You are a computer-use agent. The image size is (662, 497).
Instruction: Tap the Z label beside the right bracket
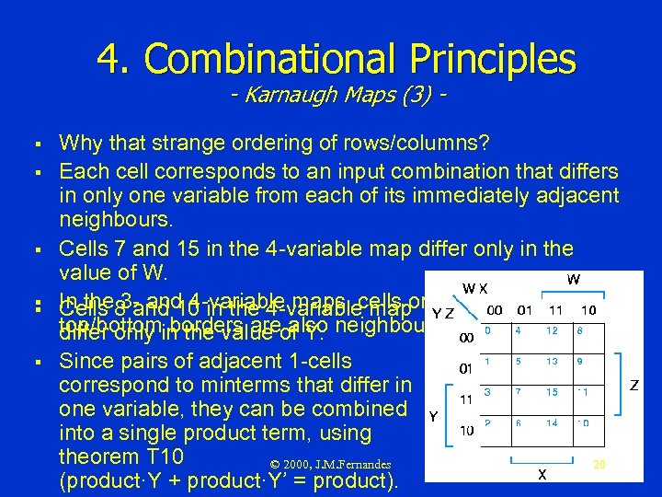(634, 385)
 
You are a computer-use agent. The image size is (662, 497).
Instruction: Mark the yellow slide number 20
(599, 466)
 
